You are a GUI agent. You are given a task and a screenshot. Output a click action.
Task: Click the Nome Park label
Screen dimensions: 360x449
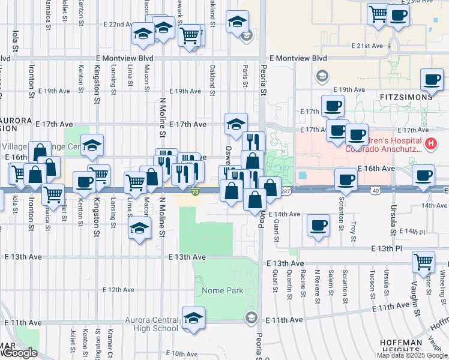223,290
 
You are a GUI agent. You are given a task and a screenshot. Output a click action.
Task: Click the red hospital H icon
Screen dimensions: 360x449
430,144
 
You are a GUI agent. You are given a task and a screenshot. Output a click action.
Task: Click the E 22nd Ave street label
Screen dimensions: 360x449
118,25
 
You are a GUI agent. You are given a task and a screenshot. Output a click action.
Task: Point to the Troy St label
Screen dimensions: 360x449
354,228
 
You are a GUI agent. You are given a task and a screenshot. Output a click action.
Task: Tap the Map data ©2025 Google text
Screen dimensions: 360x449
411,355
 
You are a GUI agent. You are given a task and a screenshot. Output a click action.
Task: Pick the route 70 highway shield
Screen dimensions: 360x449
196,192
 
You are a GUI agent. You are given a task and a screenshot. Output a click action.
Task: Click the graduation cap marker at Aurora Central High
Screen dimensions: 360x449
193,318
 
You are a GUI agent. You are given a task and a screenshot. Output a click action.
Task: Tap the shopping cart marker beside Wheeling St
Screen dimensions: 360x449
424,262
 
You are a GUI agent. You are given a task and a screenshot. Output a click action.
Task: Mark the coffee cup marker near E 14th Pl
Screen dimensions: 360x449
318,226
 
